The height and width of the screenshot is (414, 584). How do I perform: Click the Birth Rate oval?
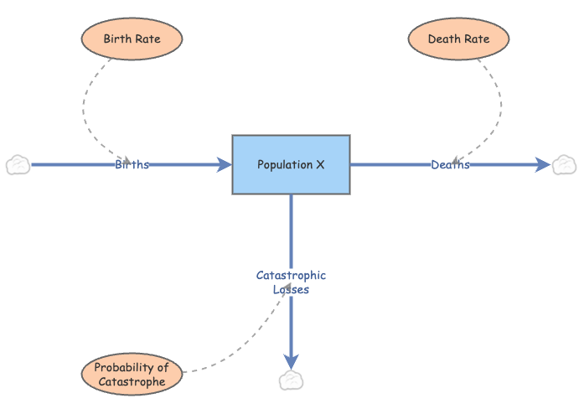tap(132, 39)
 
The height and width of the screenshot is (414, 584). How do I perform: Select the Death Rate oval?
tap(458, 39)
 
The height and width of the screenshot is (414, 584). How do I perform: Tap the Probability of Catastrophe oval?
tap(132, 374)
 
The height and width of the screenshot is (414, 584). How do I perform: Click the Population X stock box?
tap(291, 164)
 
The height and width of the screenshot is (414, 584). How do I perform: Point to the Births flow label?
tap(132, 164)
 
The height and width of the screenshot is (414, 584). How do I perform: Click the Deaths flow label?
tap(450, 164)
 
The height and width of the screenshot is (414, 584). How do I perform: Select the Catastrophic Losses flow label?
tap(291, 282)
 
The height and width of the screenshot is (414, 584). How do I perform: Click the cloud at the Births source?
tap(18, 164)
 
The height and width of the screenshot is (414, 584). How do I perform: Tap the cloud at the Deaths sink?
tap(564, 164)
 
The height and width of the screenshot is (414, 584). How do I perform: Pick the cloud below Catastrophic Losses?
tap(291, 380)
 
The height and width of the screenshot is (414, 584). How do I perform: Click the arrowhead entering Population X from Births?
tap(225, 164)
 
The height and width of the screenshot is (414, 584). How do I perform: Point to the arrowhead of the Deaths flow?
tap(542, 164)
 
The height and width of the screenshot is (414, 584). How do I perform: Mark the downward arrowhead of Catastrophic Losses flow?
tap(291, 360)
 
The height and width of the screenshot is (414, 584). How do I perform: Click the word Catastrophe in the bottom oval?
tap(132, 381)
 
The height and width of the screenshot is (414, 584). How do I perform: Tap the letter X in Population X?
tap(320, 164)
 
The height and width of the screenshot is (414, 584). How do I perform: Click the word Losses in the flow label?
tap(291, 289)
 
